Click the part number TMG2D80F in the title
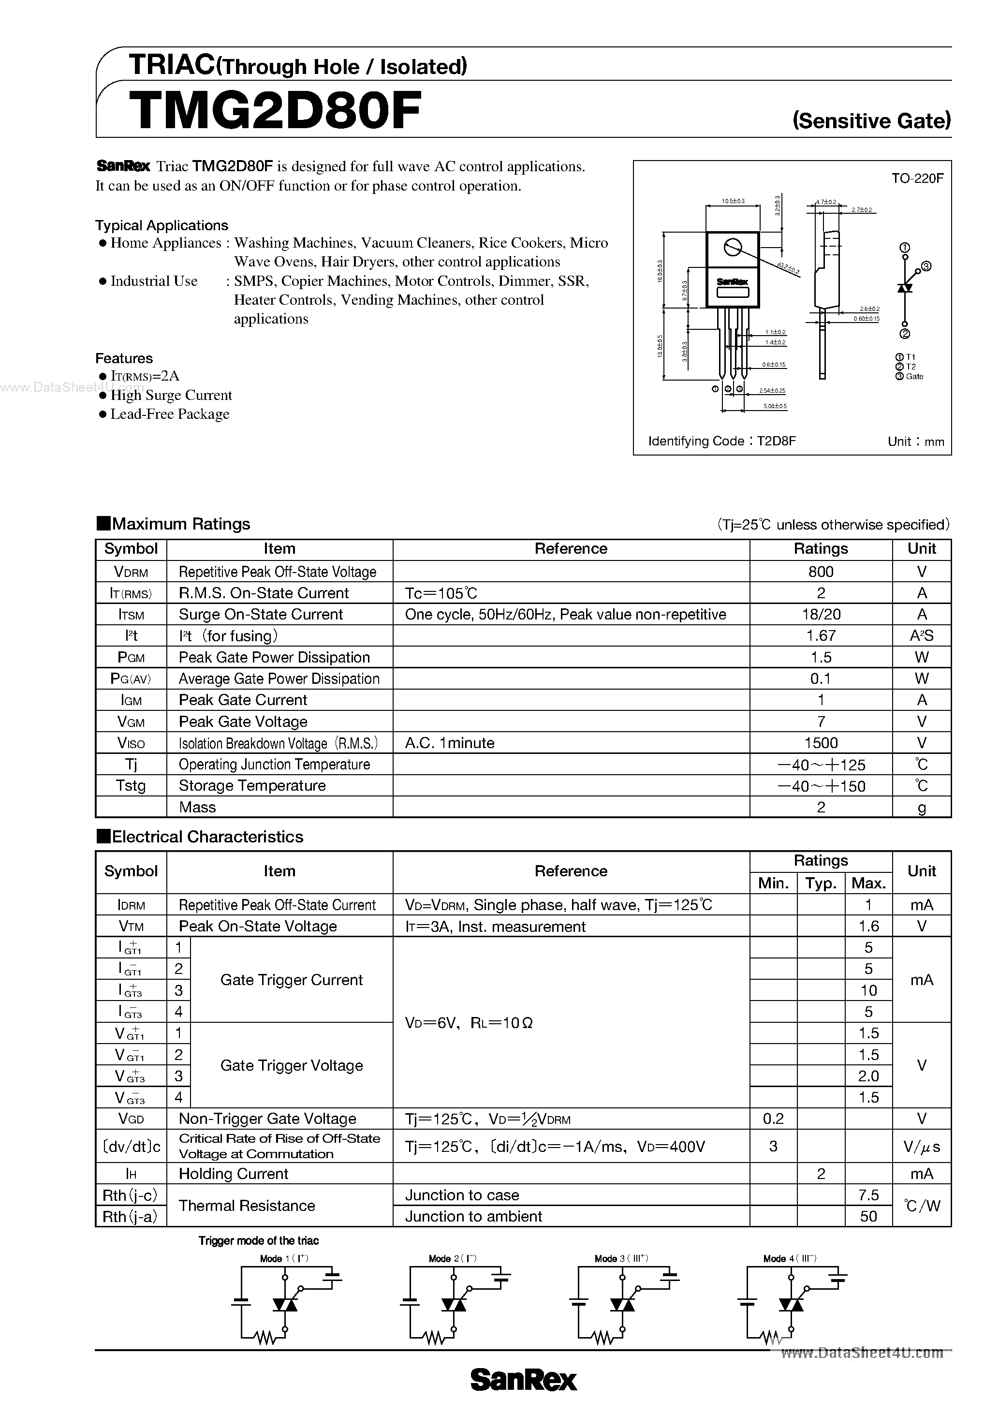coord(275,111)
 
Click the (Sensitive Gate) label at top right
coord(871,120)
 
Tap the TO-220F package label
coord(917,178)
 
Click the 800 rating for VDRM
coord(821,572)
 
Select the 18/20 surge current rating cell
coord(821,614)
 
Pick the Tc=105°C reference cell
coord(441,593)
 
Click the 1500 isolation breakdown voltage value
coord(821,743)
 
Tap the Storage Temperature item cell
coord(252,786)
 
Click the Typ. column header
coord(821,883)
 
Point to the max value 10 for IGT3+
coord(868,990)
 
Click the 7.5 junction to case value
coord(868,1195)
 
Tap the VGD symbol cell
coord(131,1119)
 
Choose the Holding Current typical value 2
coord(821,1174)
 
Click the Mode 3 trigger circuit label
coord(621,1259)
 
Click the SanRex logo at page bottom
coord(524,1380)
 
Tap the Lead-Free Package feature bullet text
coord(169,414)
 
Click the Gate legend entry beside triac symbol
coord(914,376)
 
